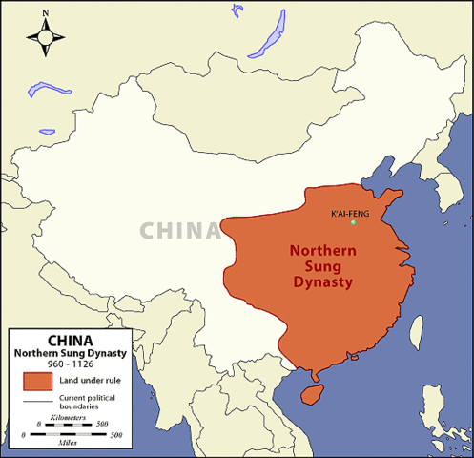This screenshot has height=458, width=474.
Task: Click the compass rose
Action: (46, 36)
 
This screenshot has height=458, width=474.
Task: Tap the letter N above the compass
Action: (46, 13)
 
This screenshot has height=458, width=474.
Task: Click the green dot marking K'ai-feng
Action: (354, 223)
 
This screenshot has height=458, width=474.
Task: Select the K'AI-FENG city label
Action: (349, 212)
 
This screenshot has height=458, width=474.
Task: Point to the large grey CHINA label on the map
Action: (179, 230)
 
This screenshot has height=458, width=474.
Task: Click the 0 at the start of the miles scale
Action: (23, 435)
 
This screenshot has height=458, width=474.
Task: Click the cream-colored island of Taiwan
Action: (416, 330)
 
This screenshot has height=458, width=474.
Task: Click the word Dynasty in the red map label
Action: (321, 282)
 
